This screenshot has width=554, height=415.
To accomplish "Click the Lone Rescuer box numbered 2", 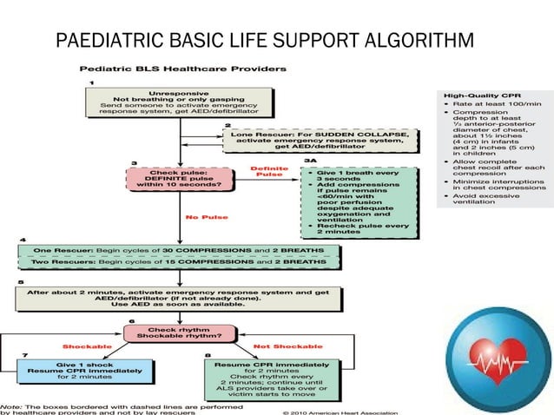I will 320,139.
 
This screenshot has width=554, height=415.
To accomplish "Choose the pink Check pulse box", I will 179,179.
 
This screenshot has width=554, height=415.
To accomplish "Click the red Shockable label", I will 83,346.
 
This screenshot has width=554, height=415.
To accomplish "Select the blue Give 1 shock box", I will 78,372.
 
